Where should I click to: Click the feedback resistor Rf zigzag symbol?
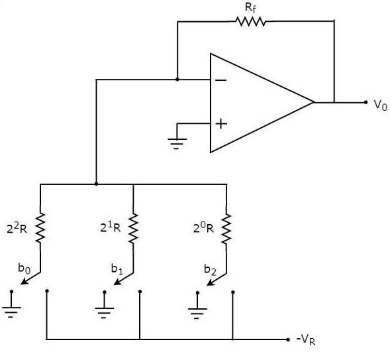(x=251, y=21)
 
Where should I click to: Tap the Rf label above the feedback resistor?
(x=250, y=8)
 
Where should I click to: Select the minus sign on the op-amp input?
(x=220, y=80)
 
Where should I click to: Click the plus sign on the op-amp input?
(x=221, y=124)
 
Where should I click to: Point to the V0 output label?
(x=381, y=105)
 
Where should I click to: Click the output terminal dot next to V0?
(x=366, y=102)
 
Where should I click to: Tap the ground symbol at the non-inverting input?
(x=177, y=144)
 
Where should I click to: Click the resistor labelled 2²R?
(x=40, y=227)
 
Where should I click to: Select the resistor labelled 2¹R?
(x=134, y=228)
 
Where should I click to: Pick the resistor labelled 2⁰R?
(x=226, y=229)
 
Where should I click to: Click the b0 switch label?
(x=24, y=269)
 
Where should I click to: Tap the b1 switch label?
(x=117, y=269)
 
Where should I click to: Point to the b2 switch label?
(x=210, y=270)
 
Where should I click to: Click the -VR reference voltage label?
(x=306, y=340)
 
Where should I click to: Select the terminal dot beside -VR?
(x=288, y=339)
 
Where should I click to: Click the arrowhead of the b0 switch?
(x=24, y=281)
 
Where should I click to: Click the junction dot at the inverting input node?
(x=177, y=80)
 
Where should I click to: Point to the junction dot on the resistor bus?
(x=96, y=184)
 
